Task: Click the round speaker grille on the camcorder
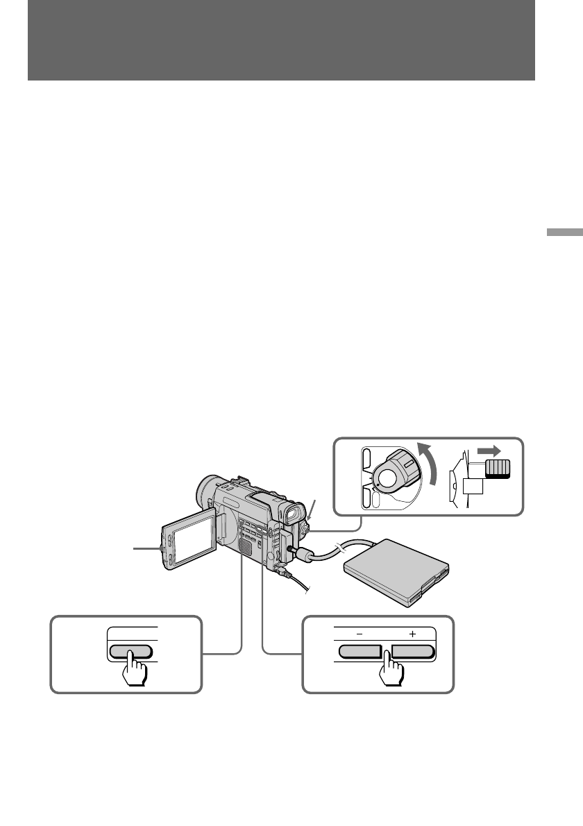tap(243, 548)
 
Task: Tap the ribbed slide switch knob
tap(497, 469)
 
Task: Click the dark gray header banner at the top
tap(281, 40)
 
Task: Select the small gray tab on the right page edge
tap(564, 232)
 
